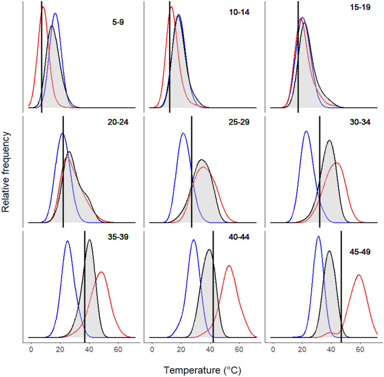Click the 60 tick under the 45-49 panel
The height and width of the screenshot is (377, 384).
(x=360, y=350)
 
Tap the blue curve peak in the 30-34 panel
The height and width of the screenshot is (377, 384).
(x=306, y=131)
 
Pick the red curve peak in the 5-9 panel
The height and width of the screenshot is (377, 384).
(x=43, y=7)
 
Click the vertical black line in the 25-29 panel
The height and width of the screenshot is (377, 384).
(x=192, y=169)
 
